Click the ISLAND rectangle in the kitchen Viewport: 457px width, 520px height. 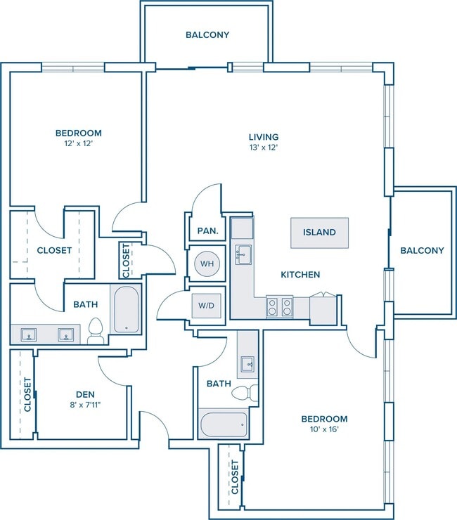click(x=319, y=233)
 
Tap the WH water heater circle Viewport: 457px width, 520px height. click(x=207, y=264)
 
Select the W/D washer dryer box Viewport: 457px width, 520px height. click(x=206, y=306)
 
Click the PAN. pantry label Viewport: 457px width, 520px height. click(x=207, y=230)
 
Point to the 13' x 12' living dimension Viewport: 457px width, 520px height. click(x=264, y=148)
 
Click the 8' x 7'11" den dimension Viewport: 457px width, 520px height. click(x=85, y=405)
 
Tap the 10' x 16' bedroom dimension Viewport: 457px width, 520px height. click(x=324, y=429)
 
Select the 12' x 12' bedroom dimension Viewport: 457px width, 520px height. click(x=78, y=143)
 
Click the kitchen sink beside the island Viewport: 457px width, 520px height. click(x=243, y=254)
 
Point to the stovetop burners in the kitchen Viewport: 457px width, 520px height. click(x=279, y=307)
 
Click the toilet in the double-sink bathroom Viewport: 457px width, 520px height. click(x=96, y=331)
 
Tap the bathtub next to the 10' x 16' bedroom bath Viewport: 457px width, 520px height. click(x=224, y=424)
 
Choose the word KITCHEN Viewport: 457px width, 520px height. click(x=300, y=275)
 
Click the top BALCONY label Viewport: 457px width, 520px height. click(x=207, y=35)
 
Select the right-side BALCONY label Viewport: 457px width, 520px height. click(x=422, y=250)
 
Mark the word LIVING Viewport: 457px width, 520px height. click(x=264, y=136)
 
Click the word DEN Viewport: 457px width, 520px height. click(x=85, y=394)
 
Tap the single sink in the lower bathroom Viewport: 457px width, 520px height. click(x=247, y=364)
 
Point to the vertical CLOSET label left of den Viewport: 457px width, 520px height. click(x=27, y=395)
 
